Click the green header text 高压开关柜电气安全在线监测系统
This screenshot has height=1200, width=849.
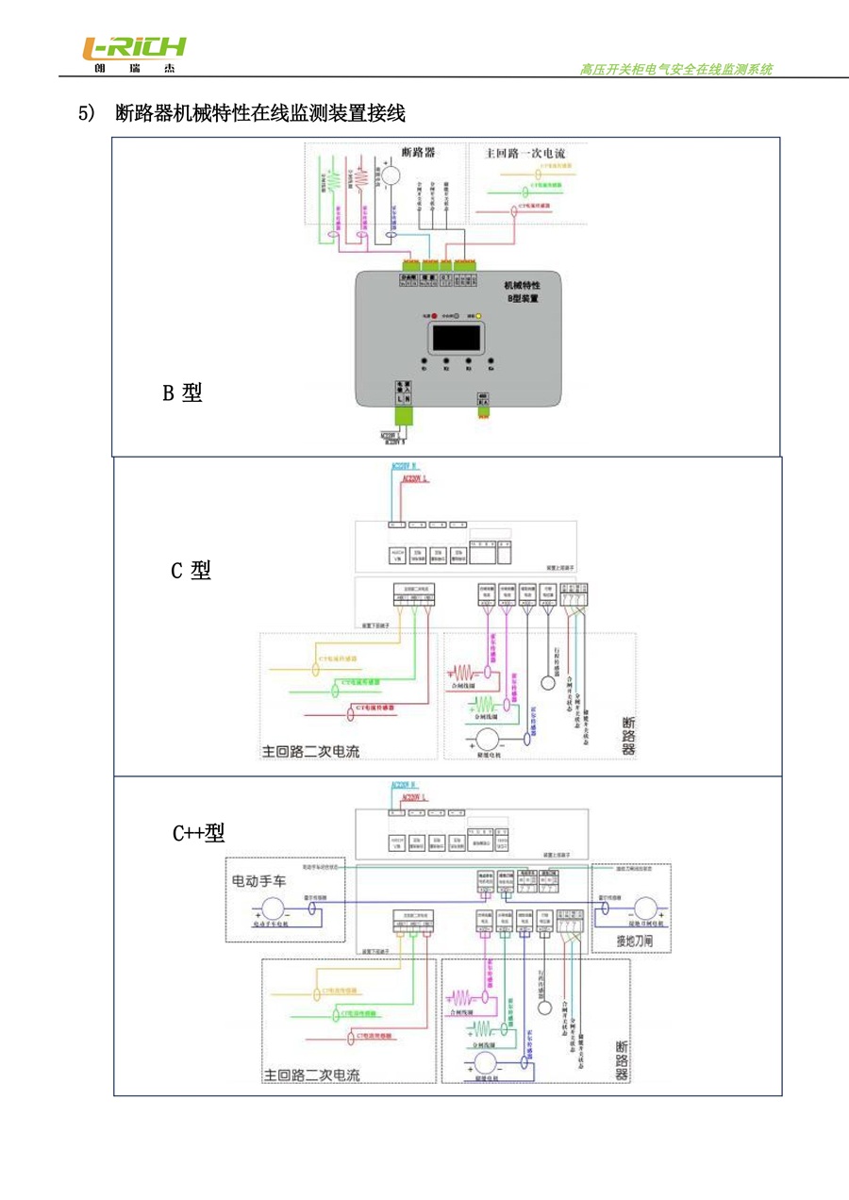tap(675, 70)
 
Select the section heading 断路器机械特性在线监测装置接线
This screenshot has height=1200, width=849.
tap(260, 114)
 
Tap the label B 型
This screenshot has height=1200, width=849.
tap(182, 392)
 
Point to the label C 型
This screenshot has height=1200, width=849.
tap(191, 570)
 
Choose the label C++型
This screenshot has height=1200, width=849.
tap(198, 832)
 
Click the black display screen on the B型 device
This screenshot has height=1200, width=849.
tap(458, 337)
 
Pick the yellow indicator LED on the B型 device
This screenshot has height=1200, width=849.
tap(478, 316)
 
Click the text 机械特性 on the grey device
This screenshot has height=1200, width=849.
tap(522, 284)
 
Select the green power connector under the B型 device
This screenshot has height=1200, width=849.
tap(403, 416)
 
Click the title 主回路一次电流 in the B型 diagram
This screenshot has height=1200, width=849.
tap(524, 152)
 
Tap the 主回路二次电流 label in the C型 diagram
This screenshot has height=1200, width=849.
tap(311, 752)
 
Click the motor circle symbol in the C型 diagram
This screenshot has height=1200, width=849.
tap(489, 738)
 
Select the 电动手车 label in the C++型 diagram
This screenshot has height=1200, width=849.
tap(263, 880)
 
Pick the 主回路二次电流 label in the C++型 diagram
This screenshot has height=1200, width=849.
tap(311, 1075)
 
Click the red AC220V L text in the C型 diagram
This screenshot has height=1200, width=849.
tap(415, 478)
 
